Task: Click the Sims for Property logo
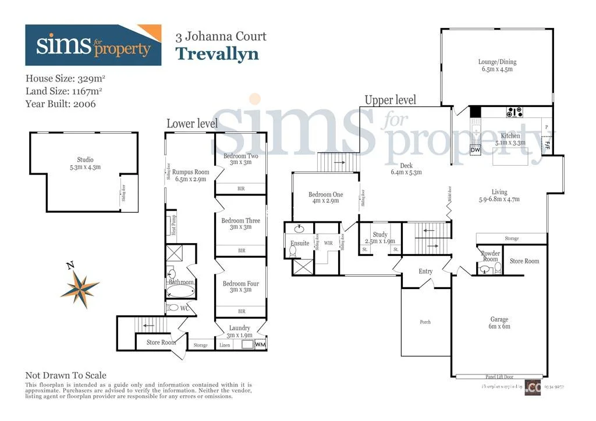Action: (x=93, y=45)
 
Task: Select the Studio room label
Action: (x=85, y=163)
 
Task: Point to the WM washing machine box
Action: (x=260, y=345)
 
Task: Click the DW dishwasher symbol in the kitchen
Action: (x=475, y=150)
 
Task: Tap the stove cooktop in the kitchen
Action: (x=514, y=112)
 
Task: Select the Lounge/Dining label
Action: (x=497, y=65)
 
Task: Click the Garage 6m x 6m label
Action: (x=499, y=323)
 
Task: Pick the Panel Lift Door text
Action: (x=499, y=376)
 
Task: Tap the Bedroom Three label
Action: (x=240, y=224)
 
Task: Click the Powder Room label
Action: (x=490, y=256)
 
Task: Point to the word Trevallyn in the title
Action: (x=217, y=53)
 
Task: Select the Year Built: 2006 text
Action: (x=61, y=104)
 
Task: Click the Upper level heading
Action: (x=390, y=100)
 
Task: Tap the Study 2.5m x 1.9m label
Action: (x=380, y=238)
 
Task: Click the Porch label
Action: (x=425, y=322)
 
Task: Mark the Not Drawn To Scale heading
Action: (x=66, y=376)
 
